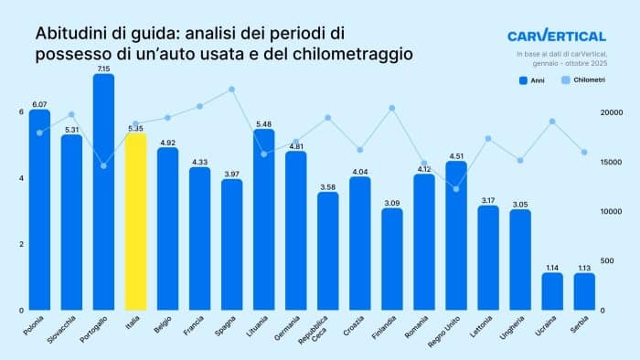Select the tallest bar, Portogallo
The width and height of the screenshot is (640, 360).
click(103, 192)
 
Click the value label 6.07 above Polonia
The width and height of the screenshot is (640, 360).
click(39, 104)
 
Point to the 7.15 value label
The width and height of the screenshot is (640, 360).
click(103, 69)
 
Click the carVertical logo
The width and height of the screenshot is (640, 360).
click(556, 37)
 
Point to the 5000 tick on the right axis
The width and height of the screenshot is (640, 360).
click(612, 260)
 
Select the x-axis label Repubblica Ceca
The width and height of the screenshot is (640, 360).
click(325, 327)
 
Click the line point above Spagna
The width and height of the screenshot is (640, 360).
click(232, 90)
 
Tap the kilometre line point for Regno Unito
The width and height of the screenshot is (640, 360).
click(456, 189)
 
